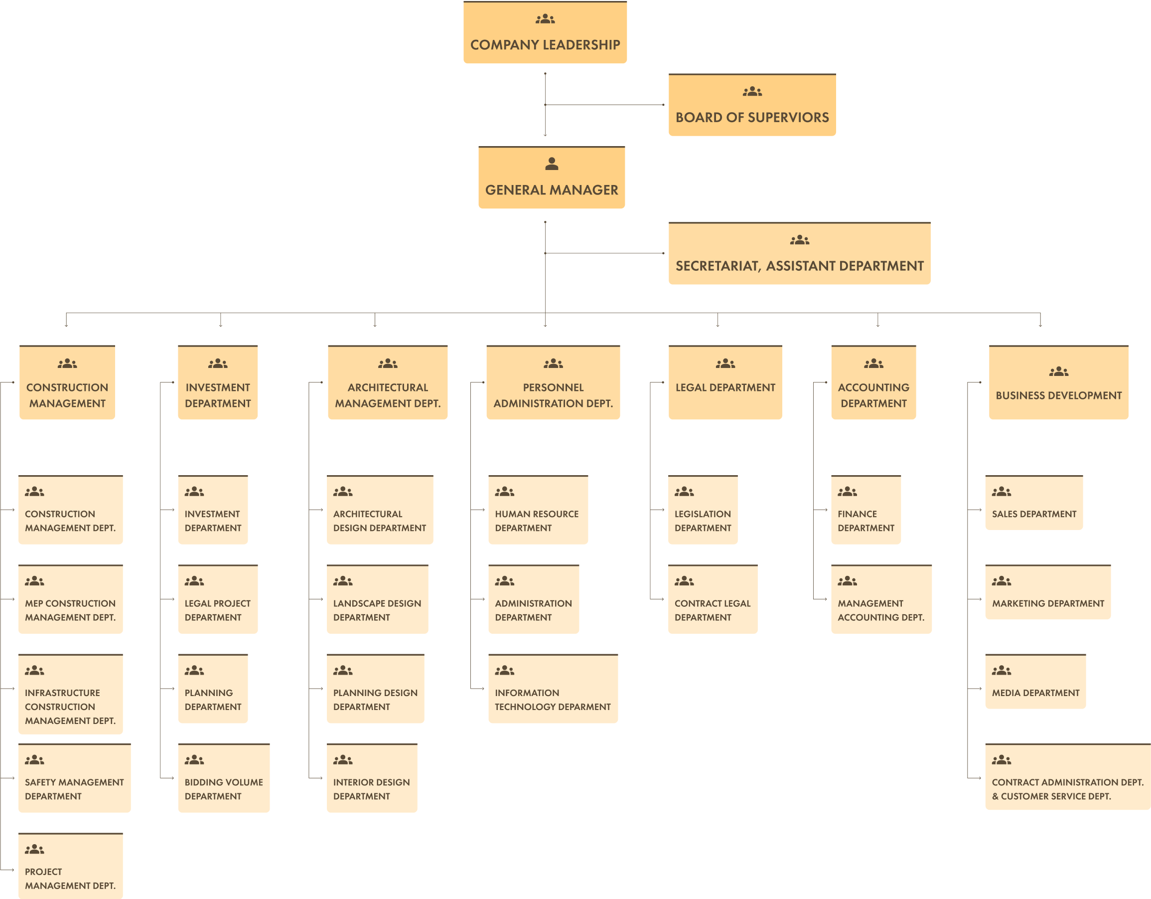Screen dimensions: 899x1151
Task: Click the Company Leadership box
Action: [545, 33]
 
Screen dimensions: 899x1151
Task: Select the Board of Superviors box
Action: [752, 105]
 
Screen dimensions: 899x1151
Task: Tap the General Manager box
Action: [551, 178]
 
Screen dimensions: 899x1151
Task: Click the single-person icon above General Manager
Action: [551, 164]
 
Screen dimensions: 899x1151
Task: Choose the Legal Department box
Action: [724, 383]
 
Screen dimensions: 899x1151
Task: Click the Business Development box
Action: [1058, 383]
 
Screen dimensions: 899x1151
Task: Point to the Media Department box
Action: [1035, 682]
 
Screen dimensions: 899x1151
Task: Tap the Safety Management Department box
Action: [74, 779]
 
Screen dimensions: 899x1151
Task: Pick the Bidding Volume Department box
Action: [223, 779]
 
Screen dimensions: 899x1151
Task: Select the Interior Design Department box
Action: [372, 779]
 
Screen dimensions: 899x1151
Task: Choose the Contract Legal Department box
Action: [713, 600]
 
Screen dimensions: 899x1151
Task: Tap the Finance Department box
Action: [865, 511]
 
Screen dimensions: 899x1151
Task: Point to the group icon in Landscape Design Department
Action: [343, 581]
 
